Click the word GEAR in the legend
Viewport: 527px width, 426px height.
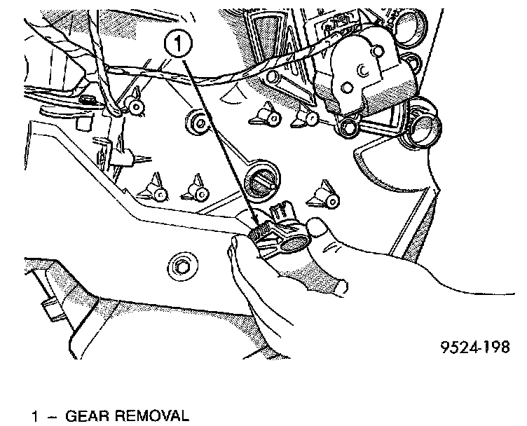tap(87, 417)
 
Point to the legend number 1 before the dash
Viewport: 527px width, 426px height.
tap(34, 417)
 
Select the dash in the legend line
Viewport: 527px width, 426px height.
tap(50, 417)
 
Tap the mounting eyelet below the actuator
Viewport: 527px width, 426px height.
tap(348, 125)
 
